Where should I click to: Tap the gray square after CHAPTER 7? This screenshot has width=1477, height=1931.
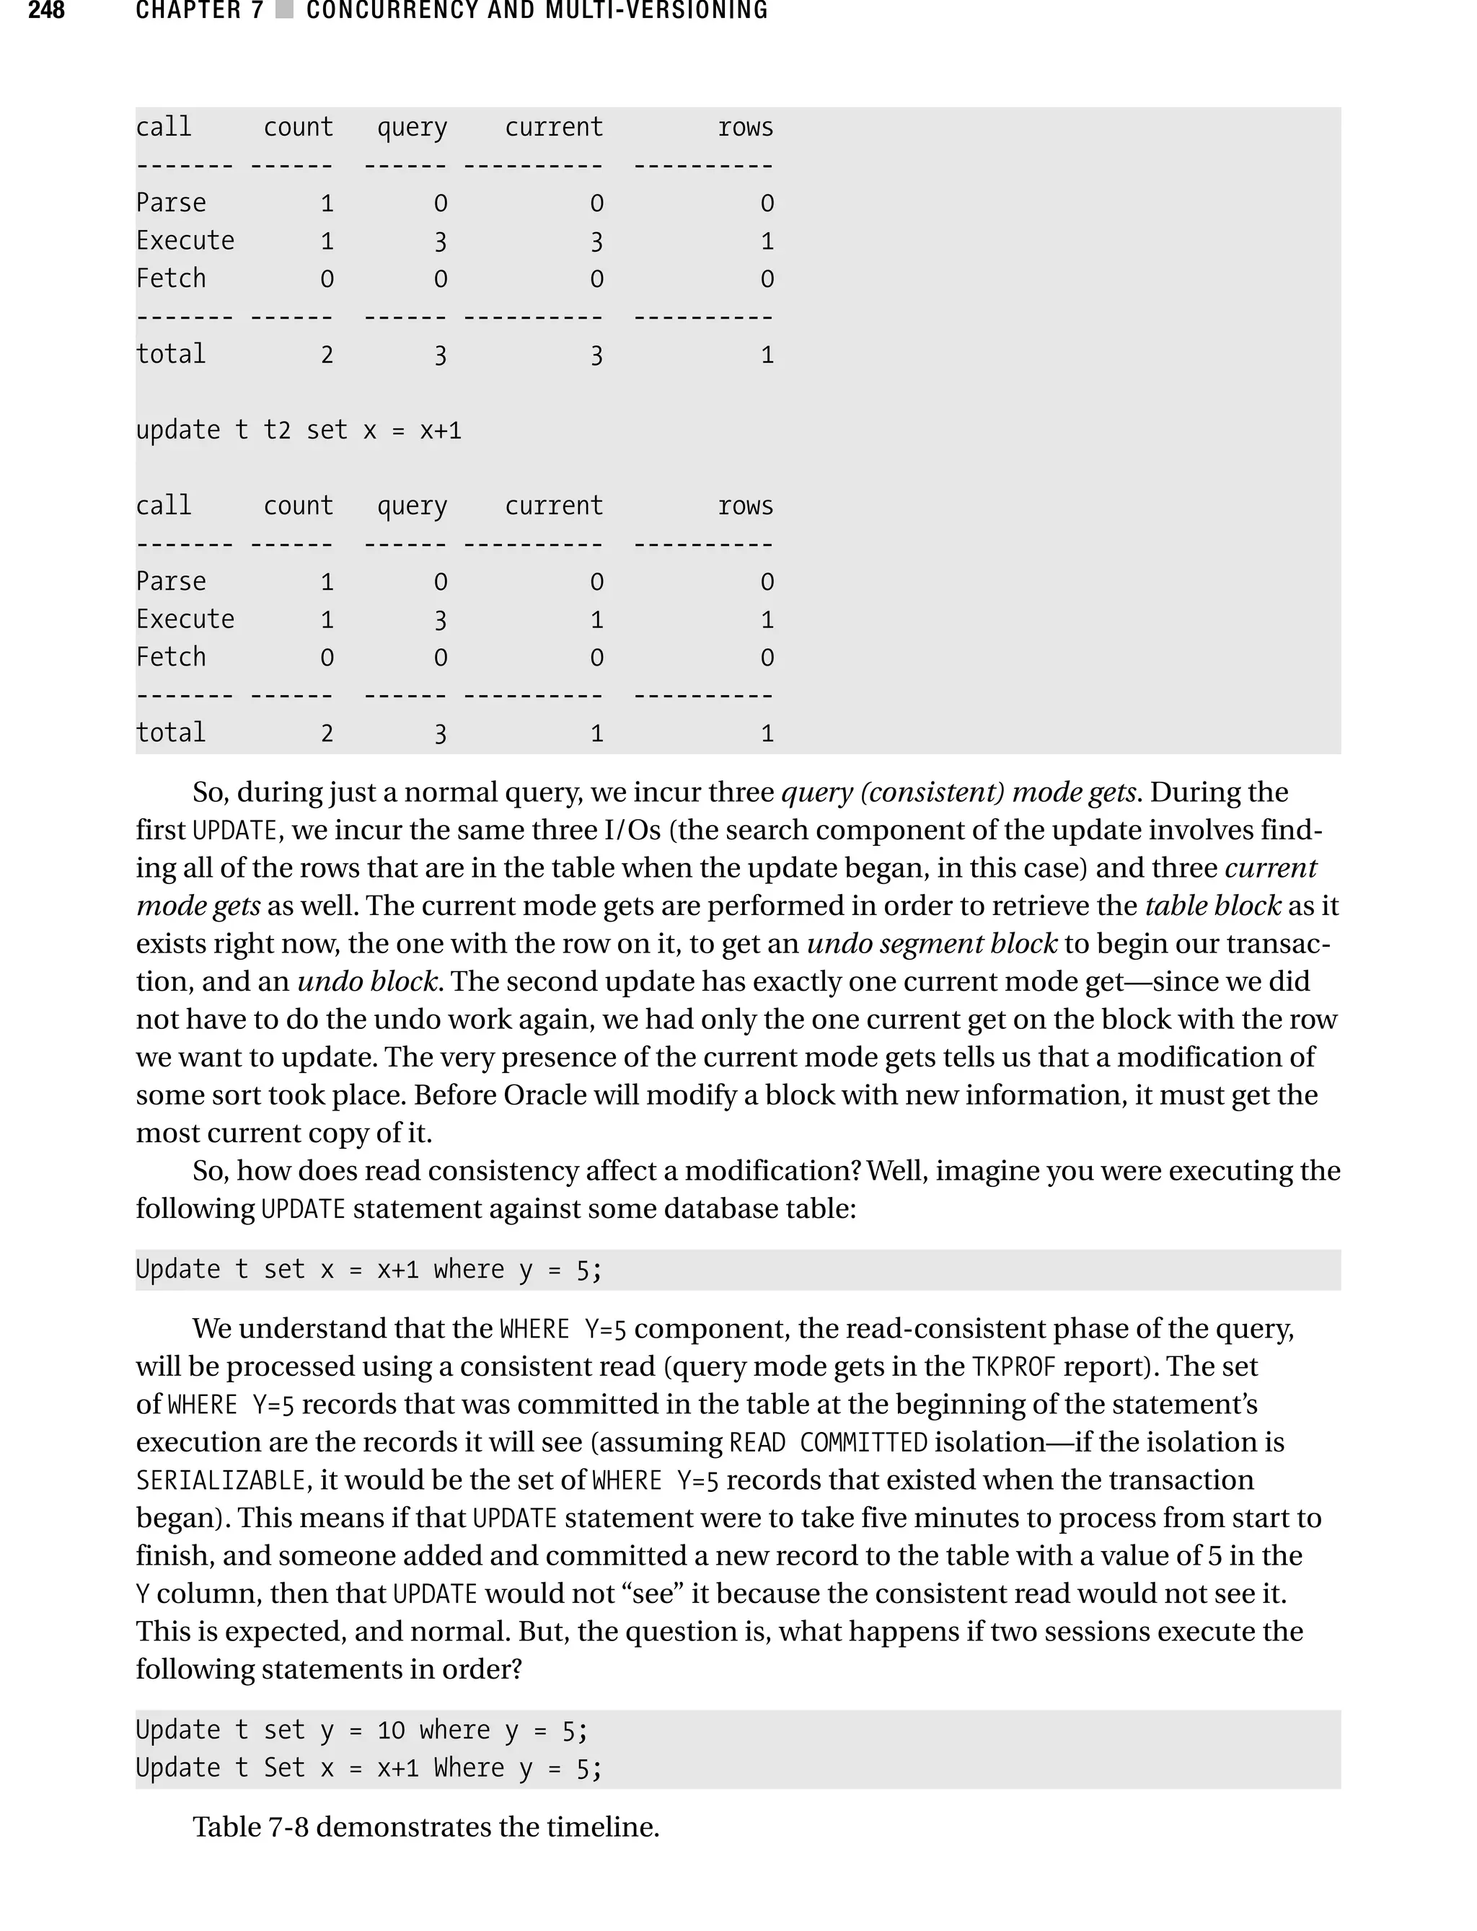pyautogui.click(x=284, y=11)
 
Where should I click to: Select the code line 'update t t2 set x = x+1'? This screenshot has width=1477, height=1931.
pyautogui.click(x=298, y=430)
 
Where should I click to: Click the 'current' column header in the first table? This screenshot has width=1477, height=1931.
pyautogui.click(x=554, y=128)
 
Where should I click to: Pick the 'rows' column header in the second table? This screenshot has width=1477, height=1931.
pyautogui.click(x=745, y=506)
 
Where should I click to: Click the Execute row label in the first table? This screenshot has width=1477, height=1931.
pyautogui.click(x=185, y=241)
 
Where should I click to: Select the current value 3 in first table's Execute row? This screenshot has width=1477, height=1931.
pyautogui.click(x=596, y=242)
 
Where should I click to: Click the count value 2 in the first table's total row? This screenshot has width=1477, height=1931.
pyautogui.click(x=326, y=355)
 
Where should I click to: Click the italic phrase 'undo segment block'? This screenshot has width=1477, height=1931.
pyautogui.click(x=931, y=944)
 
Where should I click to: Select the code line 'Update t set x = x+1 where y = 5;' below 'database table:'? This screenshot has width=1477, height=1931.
pyautogui.click(x=369, y=1270)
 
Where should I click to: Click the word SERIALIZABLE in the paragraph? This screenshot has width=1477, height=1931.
pyautogui.click(x=220, y=1481)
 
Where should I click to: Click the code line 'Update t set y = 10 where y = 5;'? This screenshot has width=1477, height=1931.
pyautogui.click(x=361, y=1731)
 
